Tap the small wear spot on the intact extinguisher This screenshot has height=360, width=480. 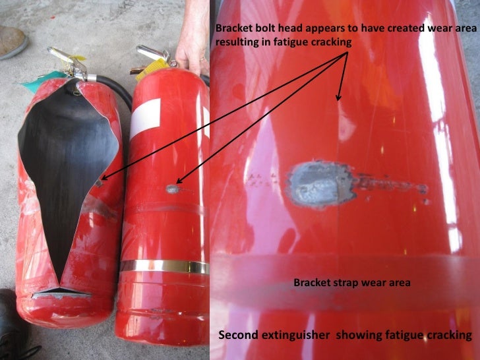coord(172,189)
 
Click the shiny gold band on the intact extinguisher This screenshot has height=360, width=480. coord(165,266)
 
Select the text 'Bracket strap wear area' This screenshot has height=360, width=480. coord(352,283)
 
